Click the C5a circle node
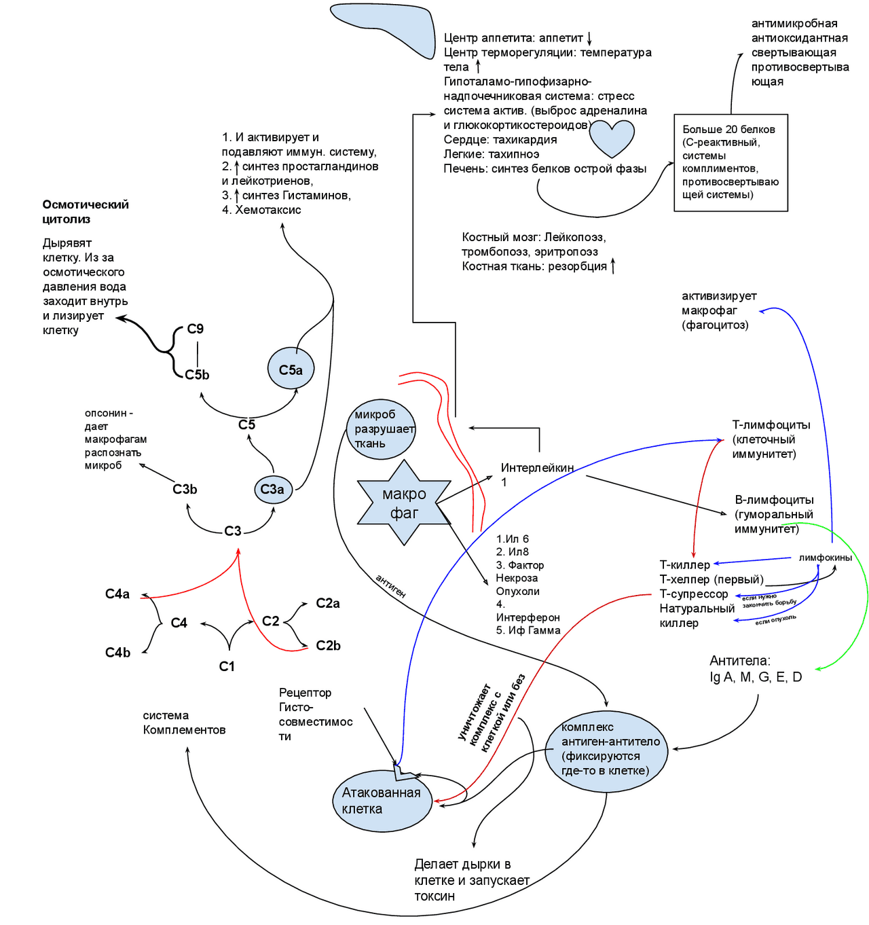[x=291, y=369]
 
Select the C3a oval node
[x=273, y=489]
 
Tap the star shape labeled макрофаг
[x=404, y=503]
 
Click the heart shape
[x=612, y=138]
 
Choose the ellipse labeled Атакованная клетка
[x=382, y=801]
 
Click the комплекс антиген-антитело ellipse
[x=606, y=749]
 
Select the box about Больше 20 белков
[x=731, y=162]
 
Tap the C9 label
[x=196, y=329]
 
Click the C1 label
[x=227, y=666]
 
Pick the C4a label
[x=117, y=594]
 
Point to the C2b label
[x=328, y=645]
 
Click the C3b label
[x=185, y=489]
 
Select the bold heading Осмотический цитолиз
[x=86, y=212]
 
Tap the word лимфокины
[x=825, y=558]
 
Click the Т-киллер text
[x=684, y=565]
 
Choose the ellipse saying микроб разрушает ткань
[x=381, y=429]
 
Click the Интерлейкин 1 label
[x=536, y=474]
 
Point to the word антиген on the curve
[x=390, y=585]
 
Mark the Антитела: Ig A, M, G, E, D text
[x=756, y=669]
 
